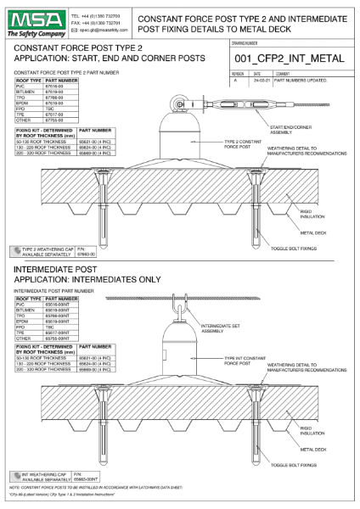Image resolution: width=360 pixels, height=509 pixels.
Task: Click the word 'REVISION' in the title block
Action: tap(239, 73)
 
